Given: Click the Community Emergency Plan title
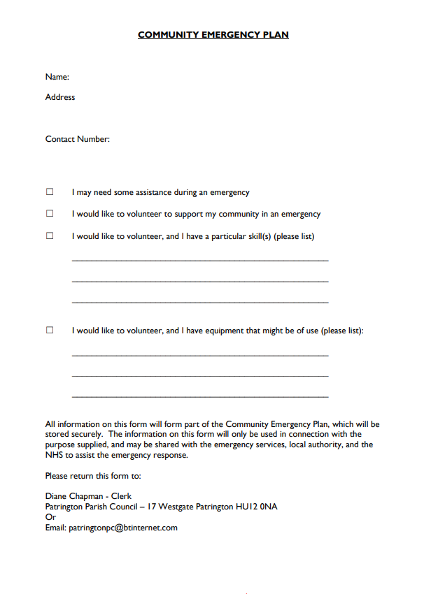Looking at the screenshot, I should pos(213,35).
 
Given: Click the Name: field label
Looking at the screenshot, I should pos(57,77).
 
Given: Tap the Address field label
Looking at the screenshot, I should pos(60,97).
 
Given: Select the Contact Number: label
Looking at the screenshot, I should pos(78,139).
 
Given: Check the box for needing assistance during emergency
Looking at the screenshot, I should pos(50,192).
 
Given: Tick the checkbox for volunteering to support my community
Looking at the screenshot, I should pos(50,214).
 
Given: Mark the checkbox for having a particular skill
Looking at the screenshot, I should pos(50,236).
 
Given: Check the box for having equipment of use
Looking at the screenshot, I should pos(50,331).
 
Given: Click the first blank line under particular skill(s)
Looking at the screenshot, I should pos(200,260).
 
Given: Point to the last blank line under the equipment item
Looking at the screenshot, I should pos(200,397).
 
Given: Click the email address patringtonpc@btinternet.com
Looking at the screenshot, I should pos(123,528).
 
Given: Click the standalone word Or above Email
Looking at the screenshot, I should pos(50,517).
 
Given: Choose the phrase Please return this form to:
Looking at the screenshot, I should pos(93,476).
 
